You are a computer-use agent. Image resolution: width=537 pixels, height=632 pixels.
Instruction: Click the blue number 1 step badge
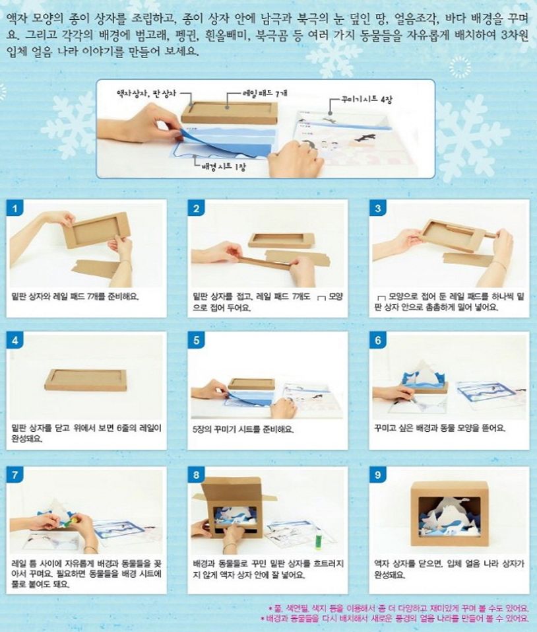pyautogui.click(x=15, y=209)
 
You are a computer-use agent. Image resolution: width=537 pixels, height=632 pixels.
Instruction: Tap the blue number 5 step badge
pyautogui.click(x=196, y=341)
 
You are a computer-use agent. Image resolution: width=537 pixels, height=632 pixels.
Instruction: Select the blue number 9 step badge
pyautogui.click(x=377, y=475)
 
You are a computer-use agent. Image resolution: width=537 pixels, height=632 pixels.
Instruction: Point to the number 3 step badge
pyautogui.click(x=377, y=209)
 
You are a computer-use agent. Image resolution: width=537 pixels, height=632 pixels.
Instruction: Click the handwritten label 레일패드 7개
pyautogui.click(x=265, y=93)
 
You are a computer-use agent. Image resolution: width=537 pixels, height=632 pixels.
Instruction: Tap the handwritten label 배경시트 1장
pyautogui.click(x=224, y=166)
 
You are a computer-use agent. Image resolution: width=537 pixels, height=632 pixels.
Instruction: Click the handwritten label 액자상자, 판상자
pyautogui.click(x=146, y=93)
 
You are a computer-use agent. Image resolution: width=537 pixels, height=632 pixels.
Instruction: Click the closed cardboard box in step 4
pyautogui.click(x=86, y=380)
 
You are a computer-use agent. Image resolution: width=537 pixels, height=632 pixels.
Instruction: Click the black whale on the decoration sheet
pyautogui.click(x=365, y=138)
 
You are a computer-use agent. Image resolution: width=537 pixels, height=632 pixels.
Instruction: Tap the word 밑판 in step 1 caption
pyautogui.click(x=18, y=297)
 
